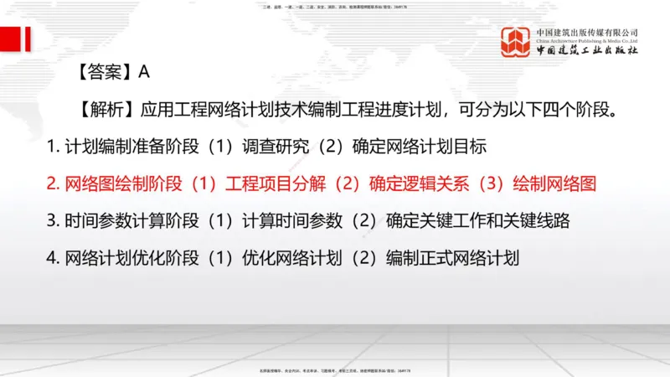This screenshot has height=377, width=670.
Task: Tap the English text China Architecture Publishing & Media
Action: [x=587, y=39]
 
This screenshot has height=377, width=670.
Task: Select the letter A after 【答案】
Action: [x=144, y=73]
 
